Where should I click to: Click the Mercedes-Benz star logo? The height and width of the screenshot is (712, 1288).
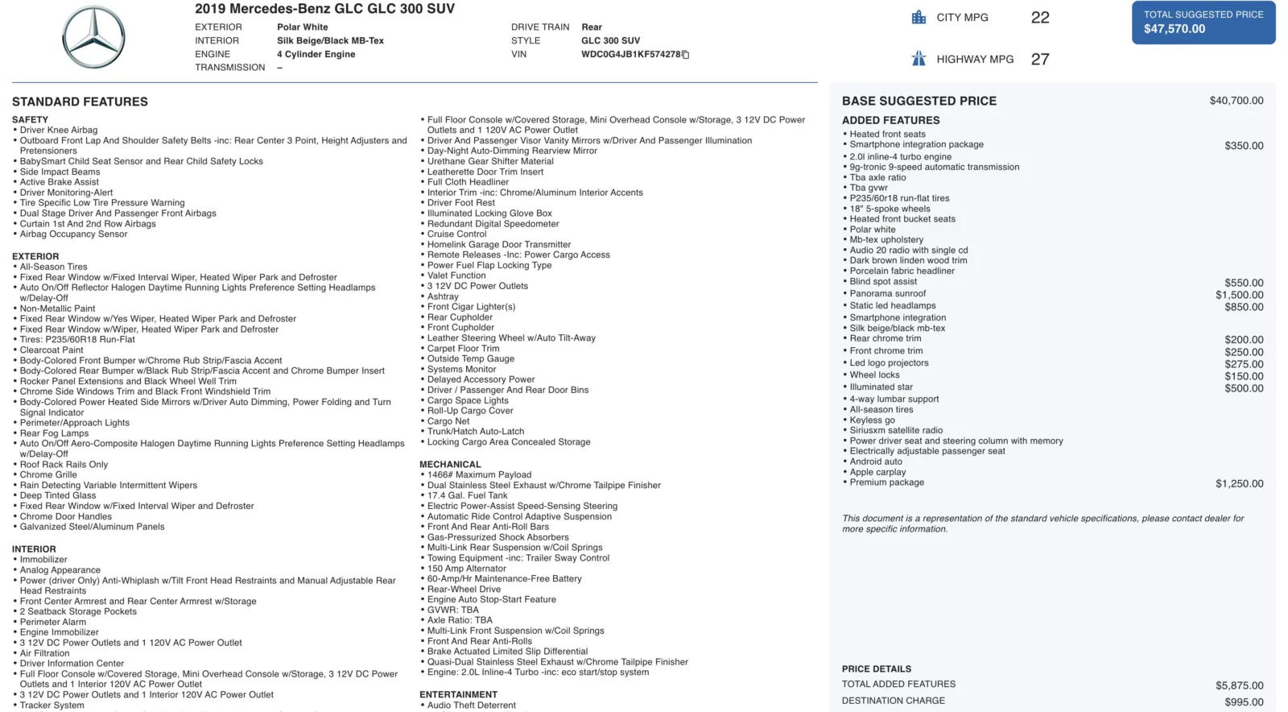pos(93,38)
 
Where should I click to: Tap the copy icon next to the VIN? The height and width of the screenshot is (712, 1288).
pos(686,55)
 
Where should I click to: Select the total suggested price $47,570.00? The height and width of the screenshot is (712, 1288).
pos(1174,29)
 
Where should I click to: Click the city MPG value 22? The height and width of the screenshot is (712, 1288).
pos(1040,18)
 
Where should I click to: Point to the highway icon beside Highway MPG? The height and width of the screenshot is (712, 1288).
pos(919,59)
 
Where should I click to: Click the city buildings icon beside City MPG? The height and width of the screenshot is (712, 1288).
pos(919,17)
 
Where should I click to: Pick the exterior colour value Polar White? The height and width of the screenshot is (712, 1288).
pos(303,27)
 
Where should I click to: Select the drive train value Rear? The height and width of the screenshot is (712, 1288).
pos(592,27)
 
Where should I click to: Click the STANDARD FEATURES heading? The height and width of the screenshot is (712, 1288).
pos(80,101)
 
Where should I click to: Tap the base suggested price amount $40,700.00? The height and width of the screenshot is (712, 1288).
pos(1236,101)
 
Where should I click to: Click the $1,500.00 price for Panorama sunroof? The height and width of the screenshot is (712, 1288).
pos(1239,295)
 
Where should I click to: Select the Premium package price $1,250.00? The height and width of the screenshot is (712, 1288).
pos(1239,484)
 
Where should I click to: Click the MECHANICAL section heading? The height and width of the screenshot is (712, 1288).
pos(450,465)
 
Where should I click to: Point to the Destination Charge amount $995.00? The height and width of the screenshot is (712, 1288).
pos(1244,702)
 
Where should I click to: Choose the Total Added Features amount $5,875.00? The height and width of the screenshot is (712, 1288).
pos(1239,685)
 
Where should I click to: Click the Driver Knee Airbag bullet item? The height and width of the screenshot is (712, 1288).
pos(59,130)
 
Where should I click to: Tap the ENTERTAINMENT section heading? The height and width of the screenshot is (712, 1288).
pos(458,694)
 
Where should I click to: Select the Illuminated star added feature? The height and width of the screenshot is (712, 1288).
pos(881,387)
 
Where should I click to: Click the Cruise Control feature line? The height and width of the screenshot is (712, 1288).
pos(456,234)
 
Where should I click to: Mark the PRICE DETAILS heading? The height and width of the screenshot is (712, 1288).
pos(877,669)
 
